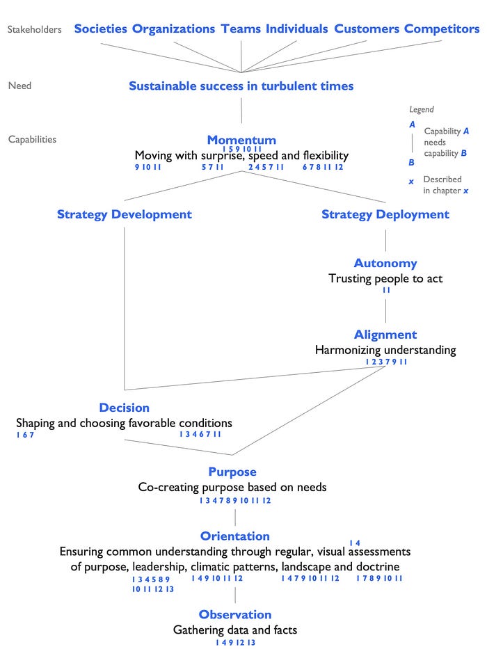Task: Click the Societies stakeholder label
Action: pyautogui.click(x=100, y=29)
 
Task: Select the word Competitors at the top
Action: pyautogui.click(x=442, y=29)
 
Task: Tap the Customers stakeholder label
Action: pyautogui.click(x=367, y=29)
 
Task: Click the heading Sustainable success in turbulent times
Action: pyautogui.click(x=241, y=86)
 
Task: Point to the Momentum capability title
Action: pyautogui.click(x=241, y=140)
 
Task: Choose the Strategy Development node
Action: pyautogui.click(x=125, y=214)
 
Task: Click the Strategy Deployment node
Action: pyautogui.click(x=385, y=214)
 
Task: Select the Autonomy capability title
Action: pyautogui.click(x=385, y=263)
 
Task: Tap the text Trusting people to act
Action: pyautogui.click(x=385, y=278)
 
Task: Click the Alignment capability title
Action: pyautogui.click(x=385, y=335)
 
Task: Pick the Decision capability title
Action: pyautogui.click(x=125, y=408)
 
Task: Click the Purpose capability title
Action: pyautogui.click(x=232, y=472)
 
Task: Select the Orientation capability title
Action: pyautogui.click(x=235, y=536)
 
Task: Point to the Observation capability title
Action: pyautogui.click(x=235, y=614)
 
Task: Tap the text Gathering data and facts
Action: pyautogui.click(x=235, y=630)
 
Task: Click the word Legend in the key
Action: pyautogui.click(x=422, y=109)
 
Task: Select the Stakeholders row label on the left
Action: pyautogui.click(x=34, y=29)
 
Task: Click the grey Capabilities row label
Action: pyautogui.click(x=32, y=139)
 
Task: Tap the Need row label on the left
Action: pyautogui.click(x=19, y=86)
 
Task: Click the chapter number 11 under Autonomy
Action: pyautogui.click(x=385, y=290)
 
